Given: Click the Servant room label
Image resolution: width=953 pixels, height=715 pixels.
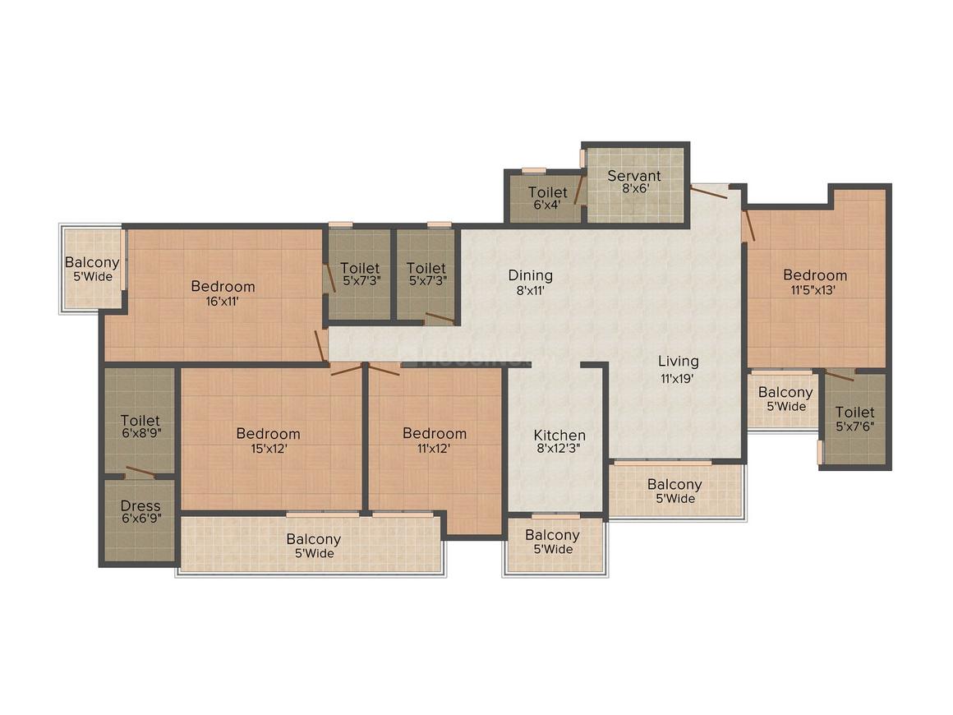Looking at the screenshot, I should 634,175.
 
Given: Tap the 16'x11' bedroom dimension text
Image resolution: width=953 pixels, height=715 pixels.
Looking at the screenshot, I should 223,301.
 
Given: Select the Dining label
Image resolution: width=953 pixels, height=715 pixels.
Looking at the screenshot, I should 530,275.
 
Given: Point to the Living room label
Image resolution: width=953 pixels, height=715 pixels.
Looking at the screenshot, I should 679,361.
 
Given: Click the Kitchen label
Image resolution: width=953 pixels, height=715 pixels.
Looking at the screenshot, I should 559,435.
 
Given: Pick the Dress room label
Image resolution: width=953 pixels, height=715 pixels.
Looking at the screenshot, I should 140,505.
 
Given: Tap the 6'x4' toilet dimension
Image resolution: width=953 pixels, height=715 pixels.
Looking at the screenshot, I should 547,205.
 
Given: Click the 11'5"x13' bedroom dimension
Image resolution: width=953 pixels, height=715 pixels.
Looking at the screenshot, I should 814,289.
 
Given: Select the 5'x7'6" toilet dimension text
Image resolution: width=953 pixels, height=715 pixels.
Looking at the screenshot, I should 855,427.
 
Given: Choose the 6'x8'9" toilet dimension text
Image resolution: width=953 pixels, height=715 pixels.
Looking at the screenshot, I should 140,435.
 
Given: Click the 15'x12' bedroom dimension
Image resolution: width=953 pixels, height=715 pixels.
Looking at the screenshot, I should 268,448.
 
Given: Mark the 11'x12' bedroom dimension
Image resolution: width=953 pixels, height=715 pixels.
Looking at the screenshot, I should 435,448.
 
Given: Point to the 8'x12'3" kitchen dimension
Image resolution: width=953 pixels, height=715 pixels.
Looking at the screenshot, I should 559,450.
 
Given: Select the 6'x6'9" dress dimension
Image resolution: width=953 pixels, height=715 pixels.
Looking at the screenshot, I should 140,519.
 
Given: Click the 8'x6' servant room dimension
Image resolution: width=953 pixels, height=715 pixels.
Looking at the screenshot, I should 634,188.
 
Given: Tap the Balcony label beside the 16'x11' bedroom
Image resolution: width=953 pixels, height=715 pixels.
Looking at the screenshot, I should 92,263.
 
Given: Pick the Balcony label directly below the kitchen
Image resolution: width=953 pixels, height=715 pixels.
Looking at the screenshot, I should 553,535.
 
